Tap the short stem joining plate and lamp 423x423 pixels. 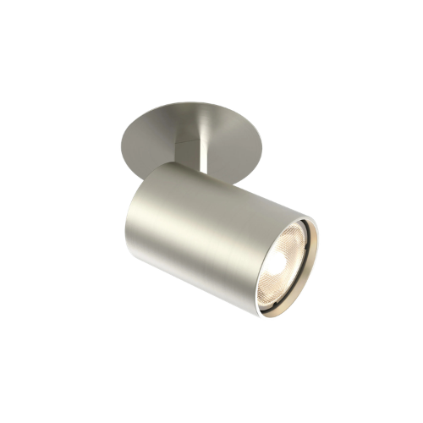(203, 152)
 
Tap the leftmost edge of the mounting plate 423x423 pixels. (123, 135)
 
